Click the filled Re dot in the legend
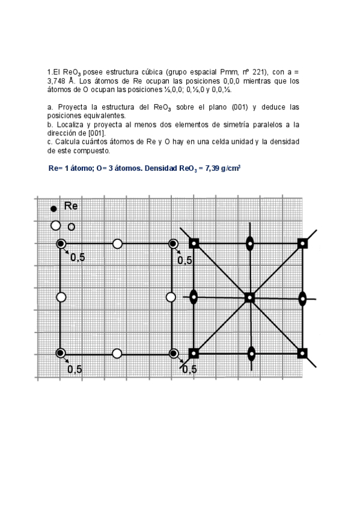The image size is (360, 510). (x=53, y=208)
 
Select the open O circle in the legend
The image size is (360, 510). (x=56, y=226)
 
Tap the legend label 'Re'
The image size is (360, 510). (x=70, y=206)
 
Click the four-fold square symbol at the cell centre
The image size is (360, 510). (x=249, y=298)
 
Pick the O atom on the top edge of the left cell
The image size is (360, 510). (x=117, y=244)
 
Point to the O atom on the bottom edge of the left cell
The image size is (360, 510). (x=117, y=353)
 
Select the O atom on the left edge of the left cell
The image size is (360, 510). (x=61, y=297)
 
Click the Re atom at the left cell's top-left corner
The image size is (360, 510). (x=61, y=244)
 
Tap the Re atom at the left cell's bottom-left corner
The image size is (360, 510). (x=61, y=353)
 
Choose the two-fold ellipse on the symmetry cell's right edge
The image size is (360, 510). (x=303, y=298)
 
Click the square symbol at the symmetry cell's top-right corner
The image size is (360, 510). (x=303, y=244)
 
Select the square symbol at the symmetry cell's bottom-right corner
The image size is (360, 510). (x=303, y=353)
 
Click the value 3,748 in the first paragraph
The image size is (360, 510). (x=59, y=81)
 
